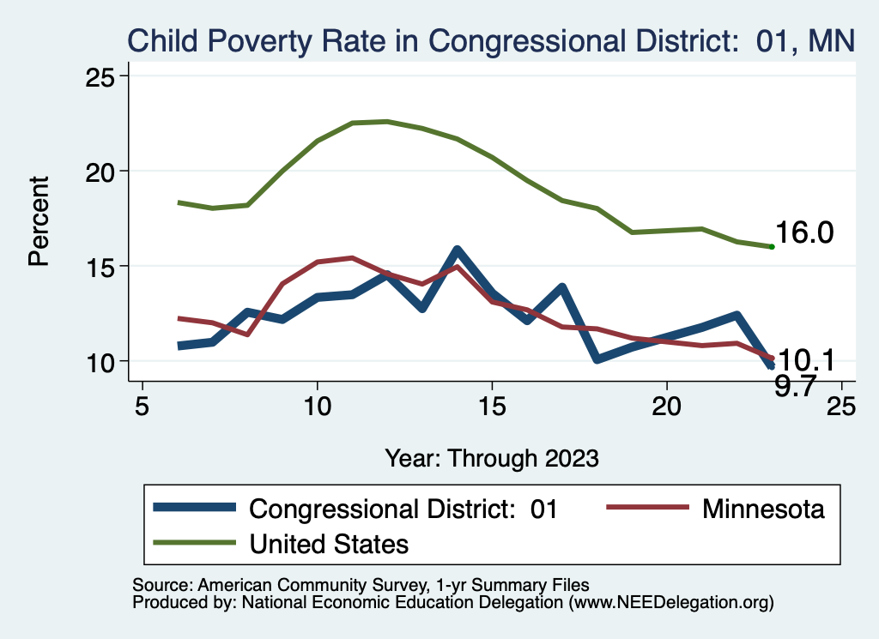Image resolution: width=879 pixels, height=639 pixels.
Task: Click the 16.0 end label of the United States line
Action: click(x=804, y=232)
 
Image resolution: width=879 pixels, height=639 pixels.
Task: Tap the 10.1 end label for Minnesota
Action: click(x=804, y=361)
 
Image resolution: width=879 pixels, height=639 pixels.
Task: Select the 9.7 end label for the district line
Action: click(x=796, y=387)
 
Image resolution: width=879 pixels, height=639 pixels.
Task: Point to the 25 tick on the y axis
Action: click(x=102, y=76)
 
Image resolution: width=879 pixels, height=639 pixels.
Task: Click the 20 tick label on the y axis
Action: click(x=102, y=172)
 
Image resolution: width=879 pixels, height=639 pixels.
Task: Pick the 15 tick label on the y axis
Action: click(x=102, y=267)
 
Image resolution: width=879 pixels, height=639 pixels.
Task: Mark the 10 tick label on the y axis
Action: click(x=102, y=361)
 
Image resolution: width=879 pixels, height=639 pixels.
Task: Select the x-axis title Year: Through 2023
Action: click(x=491, y=457)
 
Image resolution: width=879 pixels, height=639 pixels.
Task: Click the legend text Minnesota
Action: click(x=763, y=509)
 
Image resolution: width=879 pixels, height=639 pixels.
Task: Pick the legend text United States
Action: click(x=329, y=543)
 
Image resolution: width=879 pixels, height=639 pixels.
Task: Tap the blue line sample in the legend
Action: click(x=194, y=509)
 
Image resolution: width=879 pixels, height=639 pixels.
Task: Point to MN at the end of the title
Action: click(x=832, y=40)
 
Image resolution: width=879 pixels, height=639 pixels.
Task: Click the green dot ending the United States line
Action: click(x=772, y=247)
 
